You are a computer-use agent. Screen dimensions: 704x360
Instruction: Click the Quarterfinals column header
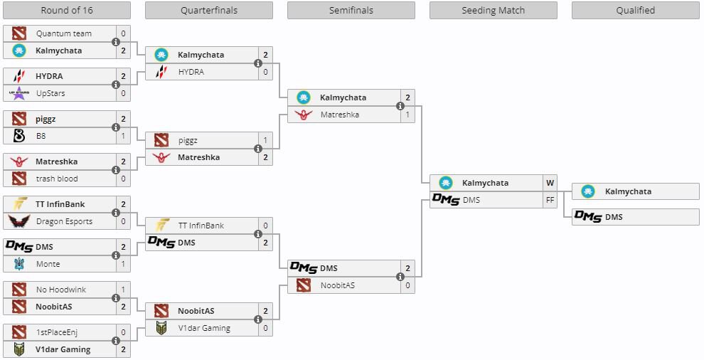pos(209,11)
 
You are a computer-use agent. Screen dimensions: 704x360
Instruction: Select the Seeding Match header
pos(493,11)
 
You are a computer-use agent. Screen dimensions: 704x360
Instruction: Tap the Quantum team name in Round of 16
pos(64,33)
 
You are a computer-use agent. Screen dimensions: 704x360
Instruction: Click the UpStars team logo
pos(19,93)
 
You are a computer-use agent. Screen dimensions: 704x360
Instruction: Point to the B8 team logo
pos(19,136)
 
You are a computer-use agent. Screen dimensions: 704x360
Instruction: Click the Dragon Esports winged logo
pos(19,221)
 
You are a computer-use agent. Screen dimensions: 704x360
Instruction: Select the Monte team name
pos(48,264)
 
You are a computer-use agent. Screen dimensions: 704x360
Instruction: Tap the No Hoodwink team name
pos(61,290)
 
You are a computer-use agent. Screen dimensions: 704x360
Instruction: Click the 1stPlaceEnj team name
pos(57,332)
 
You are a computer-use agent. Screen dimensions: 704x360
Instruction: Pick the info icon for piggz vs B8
pos(116,127)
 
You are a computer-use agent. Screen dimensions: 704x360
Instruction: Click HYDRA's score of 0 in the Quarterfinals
pos(265,72)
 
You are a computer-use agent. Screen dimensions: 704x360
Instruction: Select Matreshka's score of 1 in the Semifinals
pos(407,115)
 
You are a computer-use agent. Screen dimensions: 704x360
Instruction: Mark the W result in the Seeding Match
pos(550,183)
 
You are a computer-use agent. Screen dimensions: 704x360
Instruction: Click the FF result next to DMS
pos(550,200)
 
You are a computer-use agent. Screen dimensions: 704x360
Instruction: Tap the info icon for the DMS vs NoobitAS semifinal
pos(400,277)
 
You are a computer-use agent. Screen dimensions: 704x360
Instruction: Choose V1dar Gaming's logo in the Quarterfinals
pos(161,328)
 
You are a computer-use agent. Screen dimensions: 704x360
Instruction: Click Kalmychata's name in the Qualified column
pos(628,191)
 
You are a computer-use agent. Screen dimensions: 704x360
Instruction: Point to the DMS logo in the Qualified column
pos(587,216)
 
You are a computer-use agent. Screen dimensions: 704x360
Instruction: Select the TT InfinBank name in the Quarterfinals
pos(201,226)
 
